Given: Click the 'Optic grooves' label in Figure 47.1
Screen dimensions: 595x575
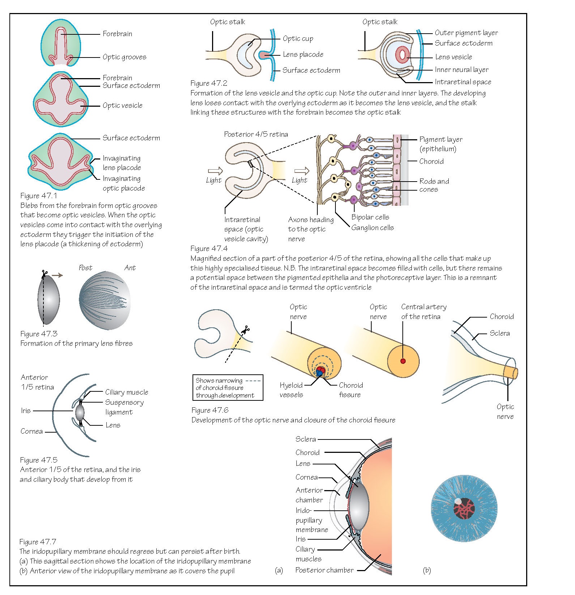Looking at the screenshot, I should pyautogui.click(x=124, y=57).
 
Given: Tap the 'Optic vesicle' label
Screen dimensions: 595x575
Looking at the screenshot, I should pyautogui.click(x=122, y=106).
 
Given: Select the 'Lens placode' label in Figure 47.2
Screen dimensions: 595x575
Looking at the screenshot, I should pyautogui.click(x=303, y=55).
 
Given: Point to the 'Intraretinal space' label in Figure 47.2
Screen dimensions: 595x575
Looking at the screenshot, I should pyautogui.click(x=463, y=82).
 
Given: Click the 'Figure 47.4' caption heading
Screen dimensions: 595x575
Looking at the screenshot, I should pyautogui.click(x=209, y=248).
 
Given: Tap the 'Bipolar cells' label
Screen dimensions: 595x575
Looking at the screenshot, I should pyautogui.click(x=370, y=217).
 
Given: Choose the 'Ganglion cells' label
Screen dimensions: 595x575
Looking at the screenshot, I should pyautogui.click(x=372, y=228).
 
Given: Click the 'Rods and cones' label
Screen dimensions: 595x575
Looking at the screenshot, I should pyautogui.click(x=434, y=185).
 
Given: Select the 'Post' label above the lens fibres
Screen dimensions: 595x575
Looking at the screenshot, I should pyautogui.click(x=85, y=268).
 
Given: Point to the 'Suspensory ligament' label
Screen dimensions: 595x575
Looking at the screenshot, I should pyautogui.click(x=124, y=407).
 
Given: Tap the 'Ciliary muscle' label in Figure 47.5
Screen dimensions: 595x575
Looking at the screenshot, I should pyautogui.click(x=127, y=392).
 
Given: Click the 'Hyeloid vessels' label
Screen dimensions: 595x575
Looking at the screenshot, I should pyautogui.click(x=291, y=390).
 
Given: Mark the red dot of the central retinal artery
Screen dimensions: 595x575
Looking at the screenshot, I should pyautogui.click(x=403, y=361).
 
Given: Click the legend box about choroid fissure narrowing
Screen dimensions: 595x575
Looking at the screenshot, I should pyautogui.click(x=228, y=388).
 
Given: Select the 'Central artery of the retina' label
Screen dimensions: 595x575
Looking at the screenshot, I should pyautogui.click(x=423, y=311).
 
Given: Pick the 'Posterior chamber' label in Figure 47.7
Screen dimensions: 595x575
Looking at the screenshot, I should pyautogui.click(x=324, y=570).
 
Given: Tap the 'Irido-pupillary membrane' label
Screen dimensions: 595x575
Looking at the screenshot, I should pyautogui.click(x=311, y=520).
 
